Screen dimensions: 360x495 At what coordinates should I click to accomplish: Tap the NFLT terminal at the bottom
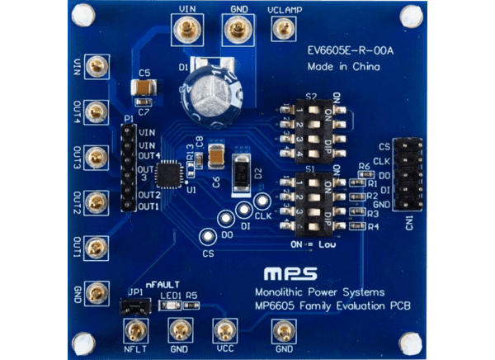click(x=135, y=332)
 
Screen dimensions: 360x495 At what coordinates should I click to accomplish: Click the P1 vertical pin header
click(x=128, y=168)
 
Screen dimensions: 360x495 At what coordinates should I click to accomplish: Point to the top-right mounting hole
click(x=410, y=16)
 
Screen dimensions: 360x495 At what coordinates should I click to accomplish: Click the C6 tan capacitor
click(x=216, y=154)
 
